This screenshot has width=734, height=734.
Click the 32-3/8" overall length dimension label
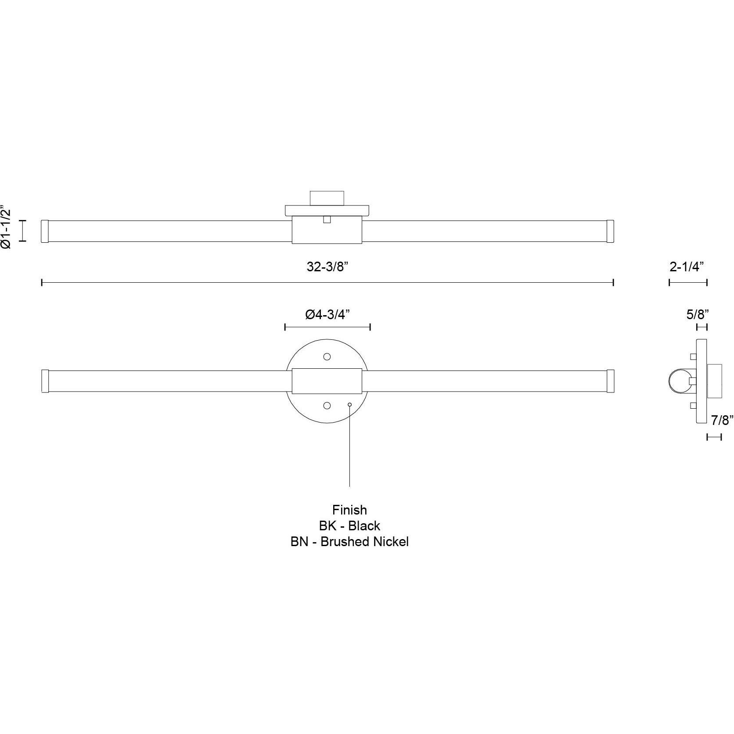pos(327,267)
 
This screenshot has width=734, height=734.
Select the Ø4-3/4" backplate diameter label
pos(328,314)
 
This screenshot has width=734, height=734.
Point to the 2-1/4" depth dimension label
pos(688,267)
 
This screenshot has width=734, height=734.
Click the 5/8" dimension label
pos(698,314)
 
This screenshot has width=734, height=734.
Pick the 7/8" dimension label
pos(722,420)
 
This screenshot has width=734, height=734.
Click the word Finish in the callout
pos(349,510)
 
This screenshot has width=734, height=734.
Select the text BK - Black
pos(349,525)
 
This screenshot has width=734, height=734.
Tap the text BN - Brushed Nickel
pos(349,542)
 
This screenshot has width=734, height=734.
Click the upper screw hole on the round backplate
pos(327,356)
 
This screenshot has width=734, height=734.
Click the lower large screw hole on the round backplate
pos(327,406)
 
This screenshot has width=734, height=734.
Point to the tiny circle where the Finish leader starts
pos(349,404)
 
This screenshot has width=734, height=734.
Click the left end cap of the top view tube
pos(44,231)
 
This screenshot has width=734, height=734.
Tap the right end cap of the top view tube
pos(610,231)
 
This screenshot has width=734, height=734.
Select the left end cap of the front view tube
pos(44,381)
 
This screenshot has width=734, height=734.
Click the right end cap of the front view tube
pos(610,381)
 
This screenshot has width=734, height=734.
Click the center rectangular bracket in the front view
pos(327,381)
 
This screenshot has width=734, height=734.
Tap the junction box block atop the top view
pos(327,198)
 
